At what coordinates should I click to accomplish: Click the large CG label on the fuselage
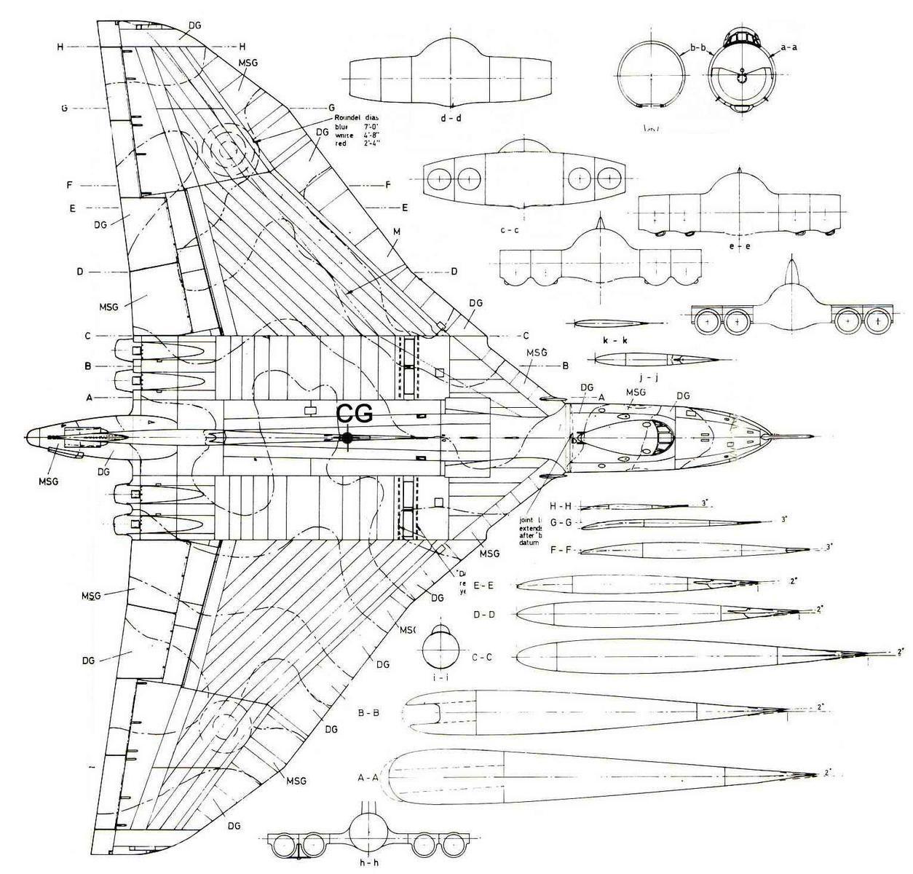click(x=355, y=413)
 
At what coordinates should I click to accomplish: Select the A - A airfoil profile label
click(x=369, y=778)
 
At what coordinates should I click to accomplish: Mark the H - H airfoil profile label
click(x=563, y=505)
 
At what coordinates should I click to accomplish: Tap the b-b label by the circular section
click(x=697, y=49)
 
